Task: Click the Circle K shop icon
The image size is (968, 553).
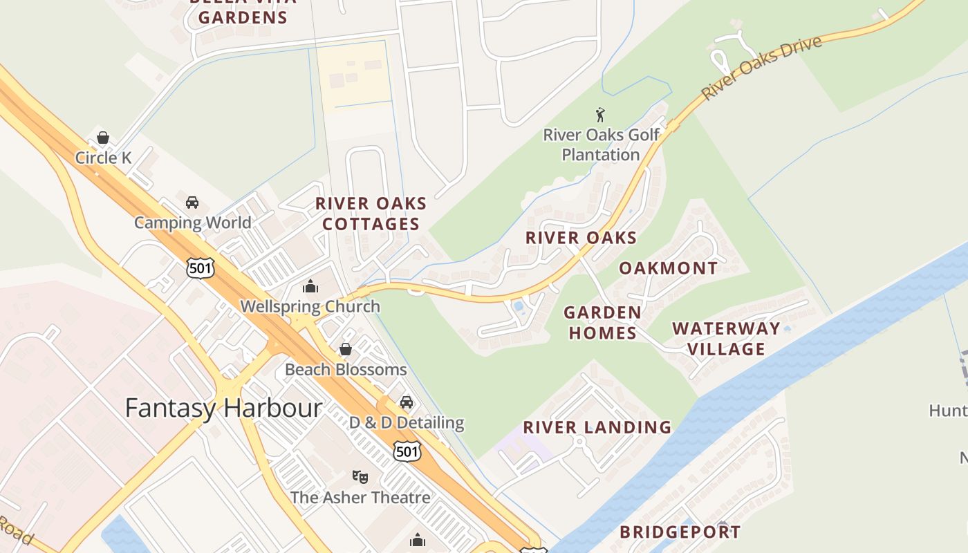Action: (x=103, y=138)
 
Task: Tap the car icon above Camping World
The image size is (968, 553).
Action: (x=192, y=203)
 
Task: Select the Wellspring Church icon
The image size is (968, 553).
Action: (x=310, y=286)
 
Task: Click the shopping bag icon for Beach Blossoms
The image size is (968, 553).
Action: (x=346, y=349)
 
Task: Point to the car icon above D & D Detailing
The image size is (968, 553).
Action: (x=407, y=402)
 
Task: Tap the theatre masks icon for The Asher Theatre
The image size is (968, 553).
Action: (x=360, y=477)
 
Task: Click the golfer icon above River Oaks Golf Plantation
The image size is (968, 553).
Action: (x=600, y=115)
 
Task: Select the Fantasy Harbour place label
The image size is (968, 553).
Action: (x=223, y=408)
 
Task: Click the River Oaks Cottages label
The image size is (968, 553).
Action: (x=371, y=214)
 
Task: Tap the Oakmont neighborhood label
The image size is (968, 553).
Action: (x=668, y=268)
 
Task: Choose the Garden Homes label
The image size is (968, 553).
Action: (x=602, y=323)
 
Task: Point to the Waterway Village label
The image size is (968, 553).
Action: (x=726, y=339)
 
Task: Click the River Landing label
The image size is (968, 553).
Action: (x=597, y=427)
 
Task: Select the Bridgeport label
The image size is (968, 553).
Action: (x=680, y=532)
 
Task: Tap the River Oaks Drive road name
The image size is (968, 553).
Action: (x=761, y=67)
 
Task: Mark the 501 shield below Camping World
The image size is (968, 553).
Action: (x=200, y=268)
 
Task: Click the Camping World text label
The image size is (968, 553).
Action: (x=192, y=223)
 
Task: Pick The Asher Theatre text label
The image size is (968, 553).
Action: (x=360, y=497)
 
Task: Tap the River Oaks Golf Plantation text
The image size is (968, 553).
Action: (x=601, y=144)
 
